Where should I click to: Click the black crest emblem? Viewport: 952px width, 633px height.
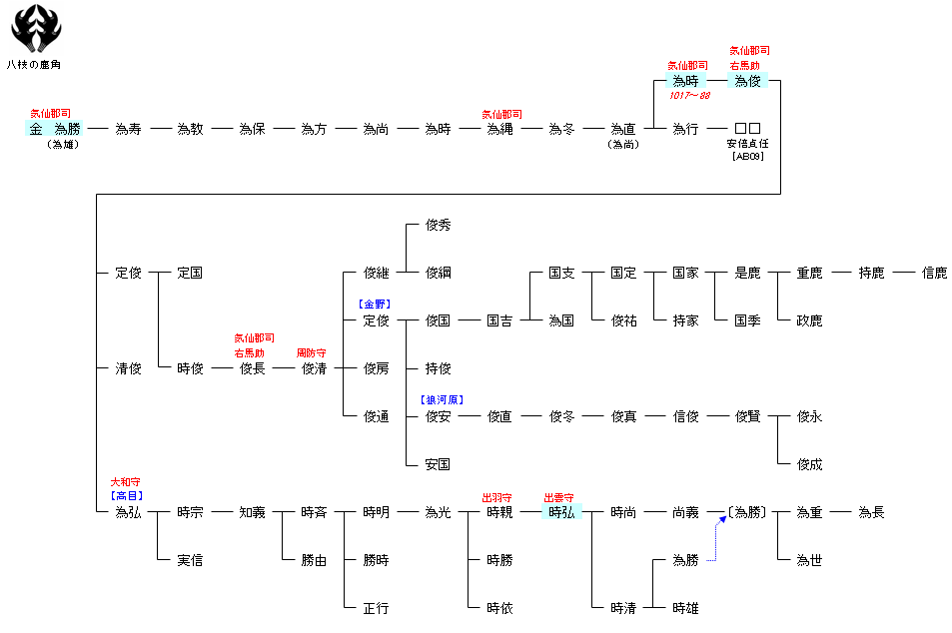(x=36, y=29)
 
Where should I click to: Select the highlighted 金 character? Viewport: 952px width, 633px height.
(x=36, y=129)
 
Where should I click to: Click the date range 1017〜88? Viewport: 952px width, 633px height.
(x=689, y=96)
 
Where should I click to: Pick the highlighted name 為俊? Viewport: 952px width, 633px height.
(x=748, y=81)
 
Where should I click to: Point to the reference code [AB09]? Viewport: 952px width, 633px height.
(x=747, y=157)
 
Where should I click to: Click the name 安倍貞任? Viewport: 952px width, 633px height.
(x=747, y=144)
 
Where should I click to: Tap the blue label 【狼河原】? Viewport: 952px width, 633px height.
(x=441, y=399)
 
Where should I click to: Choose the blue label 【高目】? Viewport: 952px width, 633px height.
(x=127, y=495)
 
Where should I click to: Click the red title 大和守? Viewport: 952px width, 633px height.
(x=127, y=482)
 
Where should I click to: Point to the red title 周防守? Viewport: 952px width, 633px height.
(x=313, y=352)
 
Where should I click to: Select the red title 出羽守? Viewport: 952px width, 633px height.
(x=498, y=496)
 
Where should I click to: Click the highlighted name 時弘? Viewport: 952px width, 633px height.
(x=561, y=512)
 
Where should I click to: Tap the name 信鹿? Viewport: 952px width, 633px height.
(x=934, y=273)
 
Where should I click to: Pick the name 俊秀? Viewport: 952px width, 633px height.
(x=438, y=225)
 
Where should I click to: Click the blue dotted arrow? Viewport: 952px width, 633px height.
(x=715, y=539)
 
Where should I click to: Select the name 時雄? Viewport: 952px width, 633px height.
(x=685, y=608)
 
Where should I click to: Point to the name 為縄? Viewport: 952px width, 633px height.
(x=499, y=129)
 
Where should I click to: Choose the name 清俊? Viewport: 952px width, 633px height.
(x=128, y=368)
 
